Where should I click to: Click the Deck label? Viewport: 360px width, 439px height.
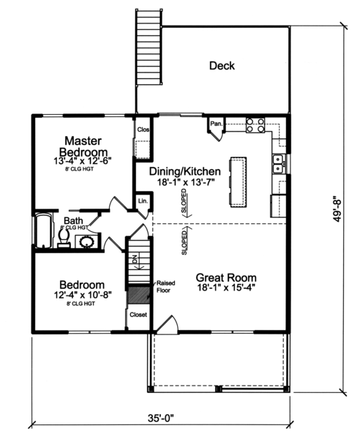tap(222, 66)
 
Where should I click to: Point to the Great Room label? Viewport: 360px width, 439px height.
tap(226, 277)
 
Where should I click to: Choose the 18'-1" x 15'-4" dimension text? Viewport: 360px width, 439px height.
tap(226, 290)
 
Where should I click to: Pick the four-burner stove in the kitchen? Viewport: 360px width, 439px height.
tap(255, 125)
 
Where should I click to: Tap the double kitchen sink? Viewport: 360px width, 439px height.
tap(278, 164)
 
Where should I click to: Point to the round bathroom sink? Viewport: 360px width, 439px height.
tap(86, 241)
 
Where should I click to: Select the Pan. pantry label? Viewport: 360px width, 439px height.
tap(216, 124)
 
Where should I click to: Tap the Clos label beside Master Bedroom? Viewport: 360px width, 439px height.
tap(143, 130)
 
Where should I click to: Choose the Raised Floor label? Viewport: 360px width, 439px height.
tap(163, 286)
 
